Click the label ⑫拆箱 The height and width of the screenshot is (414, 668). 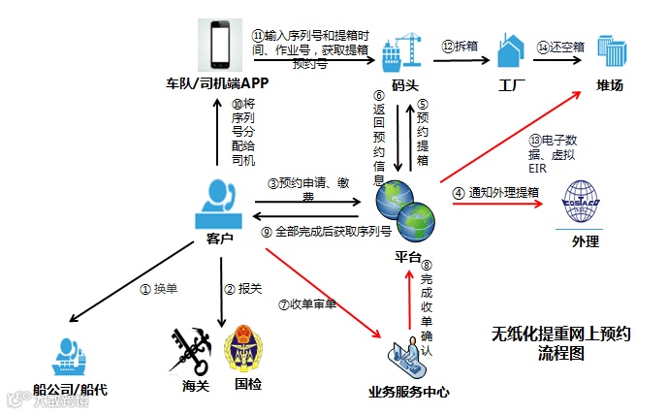pyautogui.click(x=461, y=47)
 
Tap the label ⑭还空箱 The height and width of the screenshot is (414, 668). pyautogui.click(x=561, y=47)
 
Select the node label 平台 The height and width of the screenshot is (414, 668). pyautogui.click(x=407, y=256)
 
